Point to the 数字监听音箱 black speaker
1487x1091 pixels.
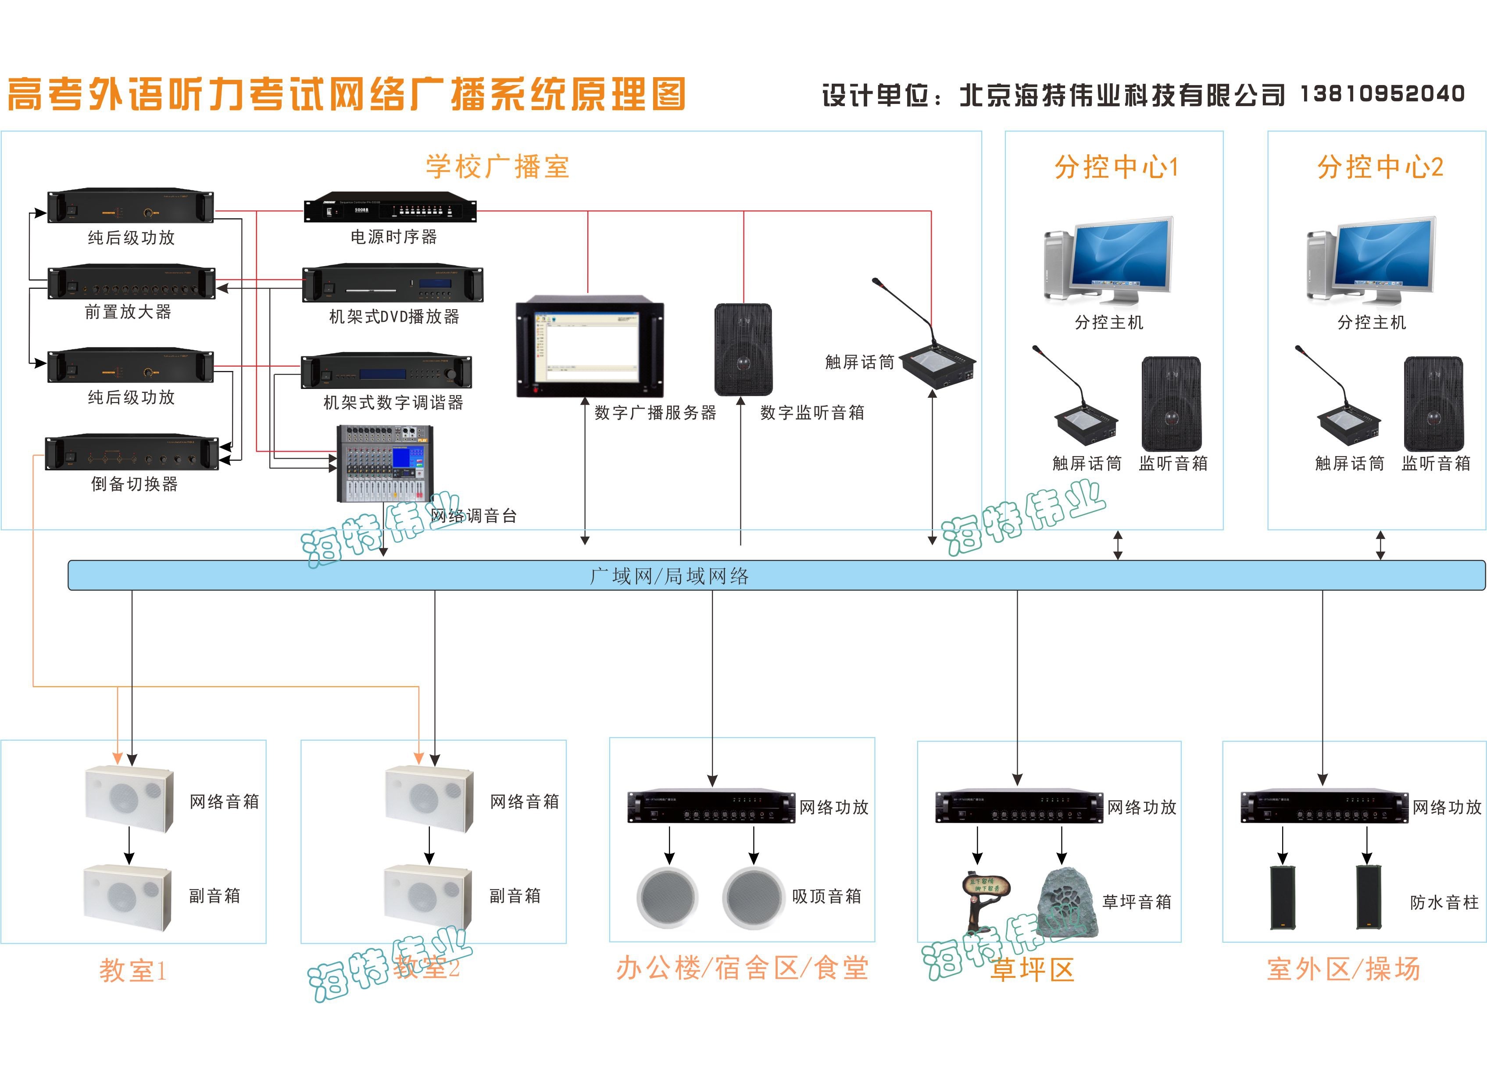click(743, 349)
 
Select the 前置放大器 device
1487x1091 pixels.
click(132, 283)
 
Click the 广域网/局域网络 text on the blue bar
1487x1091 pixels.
click(669, 576)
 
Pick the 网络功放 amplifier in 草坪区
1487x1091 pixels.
click(1019, 806)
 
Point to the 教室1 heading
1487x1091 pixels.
click(133, 970)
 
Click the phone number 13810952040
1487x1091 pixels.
click(1382, 94)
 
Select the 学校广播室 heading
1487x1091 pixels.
click(497, 167)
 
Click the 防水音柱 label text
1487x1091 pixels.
click(1444, 902)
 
